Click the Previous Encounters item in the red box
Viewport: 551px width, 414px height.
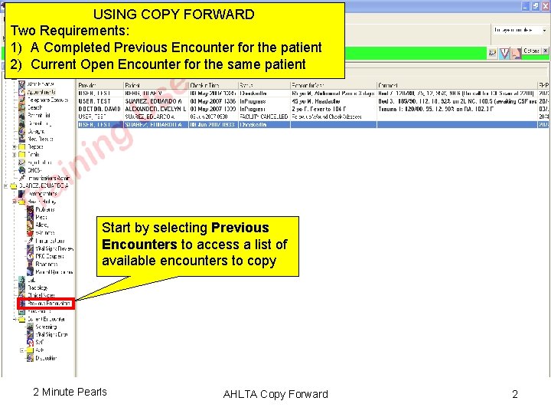48,304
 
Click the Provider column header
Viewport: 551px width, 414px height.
89,85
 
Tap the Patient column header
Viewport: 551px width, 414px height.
132,85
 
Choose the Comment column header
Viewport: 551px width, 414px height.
390,85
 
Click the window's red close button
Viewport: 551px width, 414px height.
544,6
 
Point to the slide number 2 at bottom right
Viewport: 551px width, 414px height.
514,394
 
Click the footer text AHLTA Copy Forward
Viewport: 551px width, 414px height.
275,394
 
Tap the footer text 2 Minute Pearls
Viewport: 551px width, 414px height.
70,392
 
